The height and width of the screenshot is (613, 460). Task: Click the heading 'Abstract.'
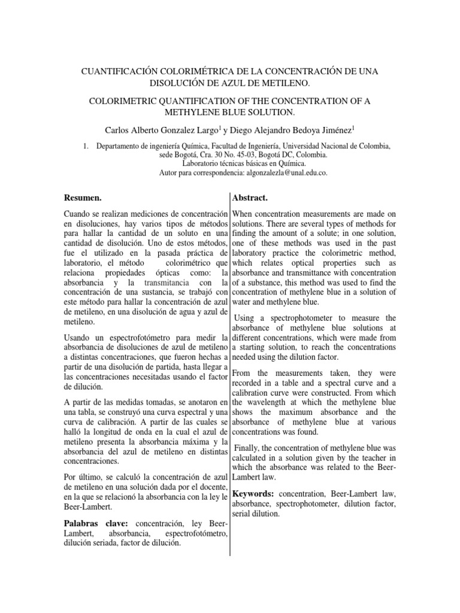(x=250, y=197)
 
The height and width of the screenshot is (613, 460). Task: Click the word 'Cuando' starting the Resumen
(x=78, y=214)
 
